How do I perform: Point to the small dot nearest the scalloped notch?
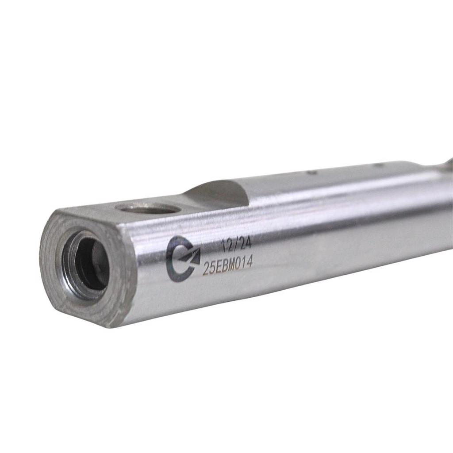click(x=311, y=173)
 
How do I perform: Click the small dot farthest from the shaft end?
click(x=378, y=165)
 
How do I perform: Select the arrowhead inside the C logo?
click(x=191, y=256)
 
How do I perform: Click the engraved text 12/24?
click(x=236, y=245)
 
